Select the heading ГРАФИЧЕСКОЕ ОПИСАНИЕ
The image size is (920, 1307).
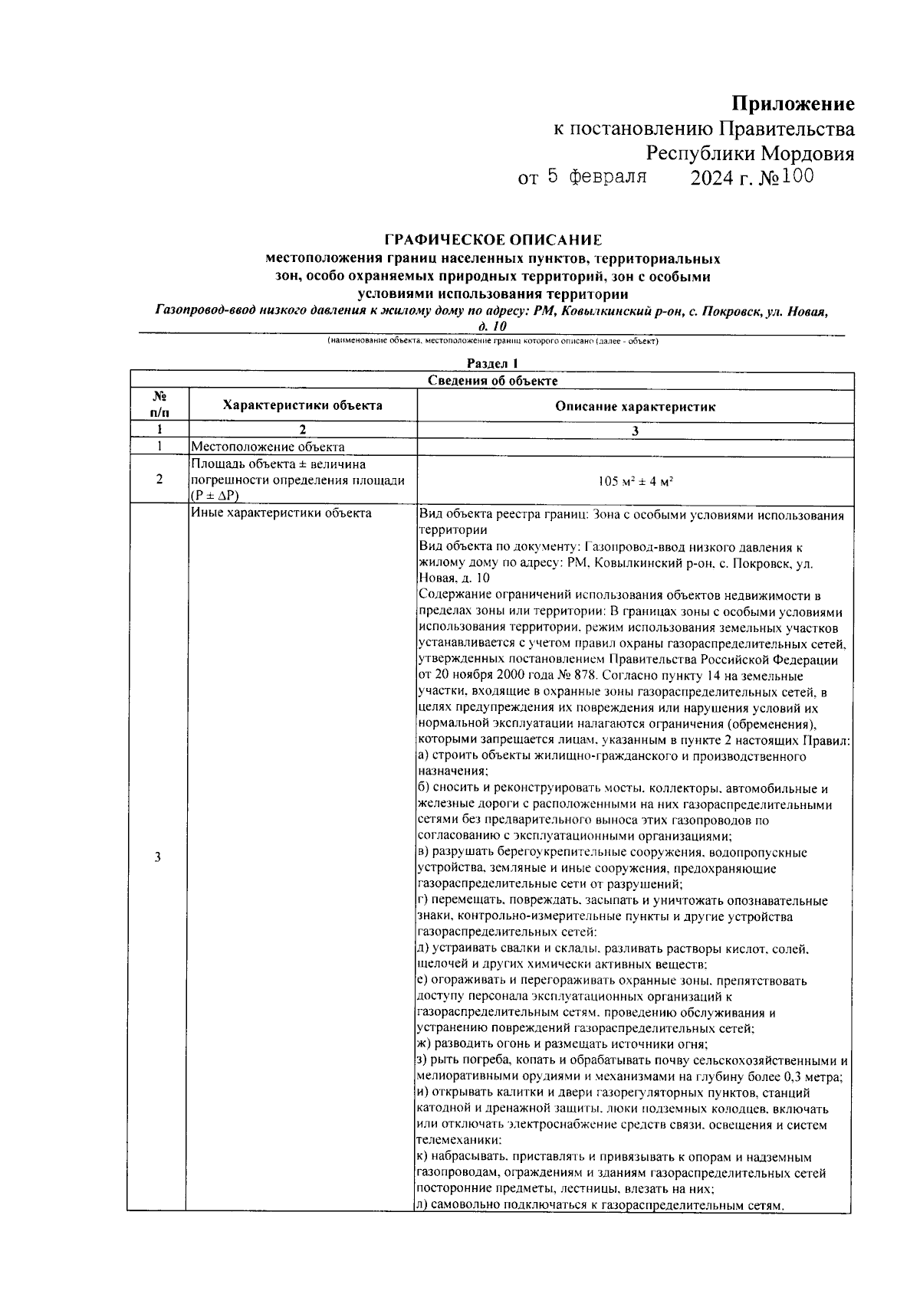(493, 240)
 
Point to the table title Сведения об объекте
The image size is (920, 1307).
(492, 380)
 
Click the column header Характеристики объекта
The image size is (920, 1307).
(302, 405)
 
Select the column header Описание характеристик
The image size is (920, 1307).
(635, 407)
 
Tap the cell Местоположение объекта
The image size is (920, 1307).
(268, 447)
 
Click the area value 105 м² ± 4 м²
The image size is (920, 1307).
(635, 481)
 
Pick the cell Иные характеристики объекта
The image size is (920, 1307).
(281, 513)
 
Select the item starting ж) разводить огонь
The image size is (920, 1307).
(561, 1044)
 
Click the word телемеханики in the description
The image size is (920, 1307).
(452, 1141)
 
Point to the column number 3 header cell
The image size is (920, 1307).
(635, 431)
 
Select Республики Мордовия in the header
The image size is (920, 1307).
(750, 153)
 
